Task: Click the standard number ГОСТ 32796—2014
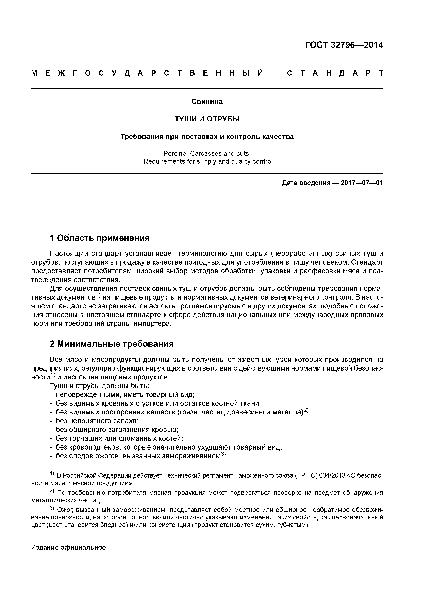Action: point(344,45)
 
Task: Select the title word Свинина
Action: point(207,102)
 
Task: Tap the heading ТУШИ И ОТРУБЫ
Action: point(207,119)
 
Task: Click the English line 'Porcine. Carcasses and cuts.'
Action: point(207,153)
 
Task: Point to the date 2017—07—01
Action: point(362,183)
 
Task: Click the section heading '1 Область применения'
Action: point(99,238)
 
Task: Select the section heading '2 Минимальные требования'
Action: point(112,344)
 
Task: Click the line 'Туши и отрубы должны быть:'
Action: point(99,386)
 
